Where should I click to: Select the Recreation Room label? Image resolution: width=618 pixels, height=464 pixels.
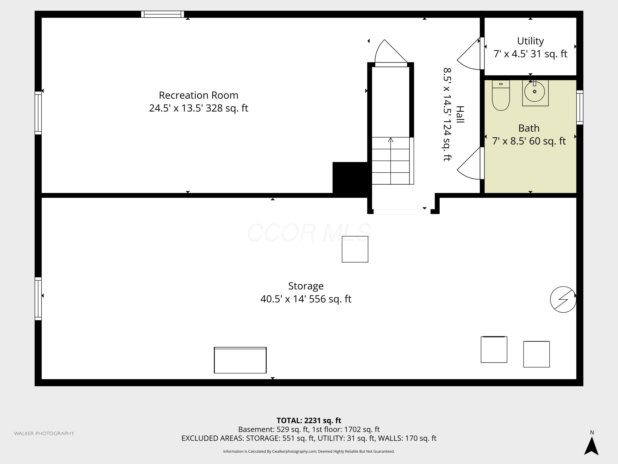pyautogui.click(x=199, y=95)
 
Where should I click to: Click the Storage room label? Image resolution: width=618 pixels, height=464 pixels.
pyautogui.click(x=306, y=286)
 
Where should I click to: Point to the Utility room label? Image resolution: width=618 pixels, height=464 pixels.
pyautogui.click(x=530, y=41)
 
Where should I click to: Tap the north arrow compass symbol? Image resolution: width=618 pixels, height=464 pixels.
pyautogui.click(x=591, y=445)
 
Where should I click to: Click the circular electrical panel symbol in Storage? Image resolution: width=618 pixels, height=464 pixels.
pyautogui.click(x=563, y=299)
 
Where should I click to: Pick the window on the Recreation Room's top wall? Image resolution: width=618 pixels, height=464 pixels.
pyautogui.click(x=163, y=14)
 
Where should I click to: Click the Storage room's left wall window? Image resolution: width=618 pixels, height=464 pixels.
pyautogui.click(x=38, y=299)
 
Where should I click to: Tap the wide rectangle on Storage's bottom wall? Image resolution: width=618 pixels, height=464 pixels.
pyautogui.click(x=240, y=360)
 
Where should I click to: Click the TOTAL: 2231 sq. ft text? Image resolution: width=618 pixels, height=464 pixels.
pyautogui.click(x=309, y=420)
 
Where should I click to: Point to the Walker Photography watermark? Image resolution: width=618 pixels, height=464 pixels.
pyautogui.click(x=44, y=433)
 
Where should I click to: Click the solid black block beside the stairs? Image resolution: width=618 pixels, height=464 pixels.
pyautogui.click(x=350, y=178)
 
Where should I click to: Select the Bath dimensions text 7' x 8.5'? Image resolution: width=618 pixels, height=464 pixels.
pyautogui.click(x=509, y=141)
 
